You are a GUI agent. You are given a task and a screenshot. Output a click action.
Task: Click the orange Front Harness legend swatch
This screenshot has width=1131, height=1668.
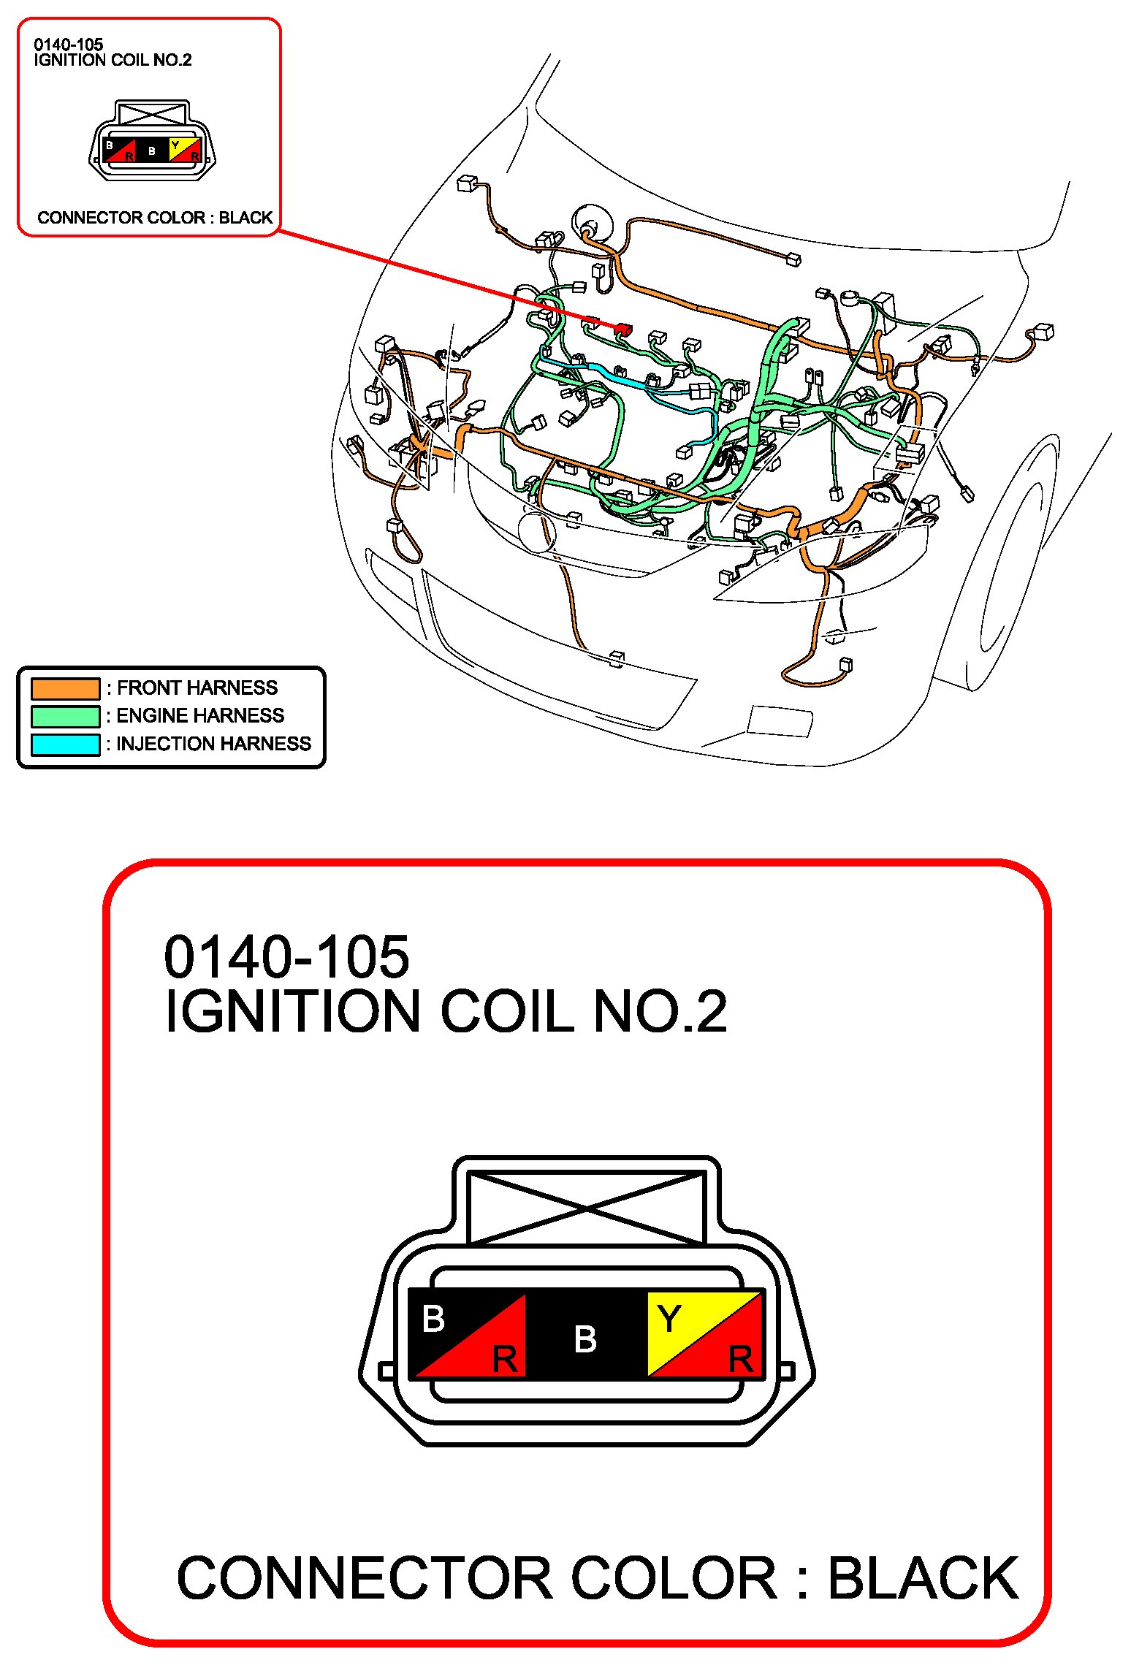(65, 688)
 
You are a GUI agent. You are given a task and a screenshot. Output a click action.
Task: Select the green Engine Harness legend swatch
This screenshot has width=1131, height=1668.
(65, 716)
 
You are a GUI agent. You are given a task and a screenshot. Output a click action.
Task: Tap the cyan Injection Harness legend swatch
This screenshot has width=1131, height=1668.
(65, 744)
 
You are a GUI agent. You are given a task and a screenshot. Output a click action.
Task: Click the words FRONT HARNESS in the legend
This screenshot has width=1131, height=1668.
(197, 688)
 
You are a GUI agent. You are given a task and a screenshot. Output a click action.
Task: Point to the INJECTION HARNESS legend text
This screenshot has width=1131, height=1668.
(214, 744)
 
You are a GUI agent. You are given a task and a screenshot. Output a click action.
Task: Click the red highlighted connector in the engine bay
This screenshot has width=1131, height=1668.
(622, 330)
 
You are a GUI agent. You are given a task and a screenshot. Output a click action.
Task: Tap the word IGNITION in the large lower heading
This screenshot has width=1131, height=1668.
(292, 1011)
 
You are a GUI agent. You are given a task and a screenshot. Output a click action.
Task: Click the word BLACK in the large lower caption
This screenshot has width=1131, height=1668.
(923, 1578)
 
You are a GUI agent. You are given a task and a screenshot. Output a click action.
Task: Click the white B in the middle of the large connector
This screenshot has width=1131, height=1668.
(585, 1339)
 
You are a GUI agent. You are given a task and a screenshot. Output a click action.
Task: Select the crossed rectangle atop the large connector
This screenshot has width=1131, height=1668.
(586, 1208)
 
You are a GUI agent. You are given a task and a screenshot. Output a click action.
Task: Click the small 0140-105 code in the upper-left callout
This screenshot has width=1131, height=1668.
(69, 45)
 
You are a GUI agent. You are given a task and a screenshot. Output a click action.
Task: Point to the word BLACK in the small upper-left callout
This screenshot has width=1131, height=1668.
(245, 218)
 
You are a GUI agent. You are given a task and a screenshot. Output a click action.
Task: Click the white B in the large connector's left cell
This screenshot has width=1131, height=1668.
(433, 1319)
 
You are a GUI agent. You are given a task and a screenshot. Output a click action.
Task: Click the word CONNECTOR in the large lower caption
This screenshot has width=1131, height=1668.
(365, 1578)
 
